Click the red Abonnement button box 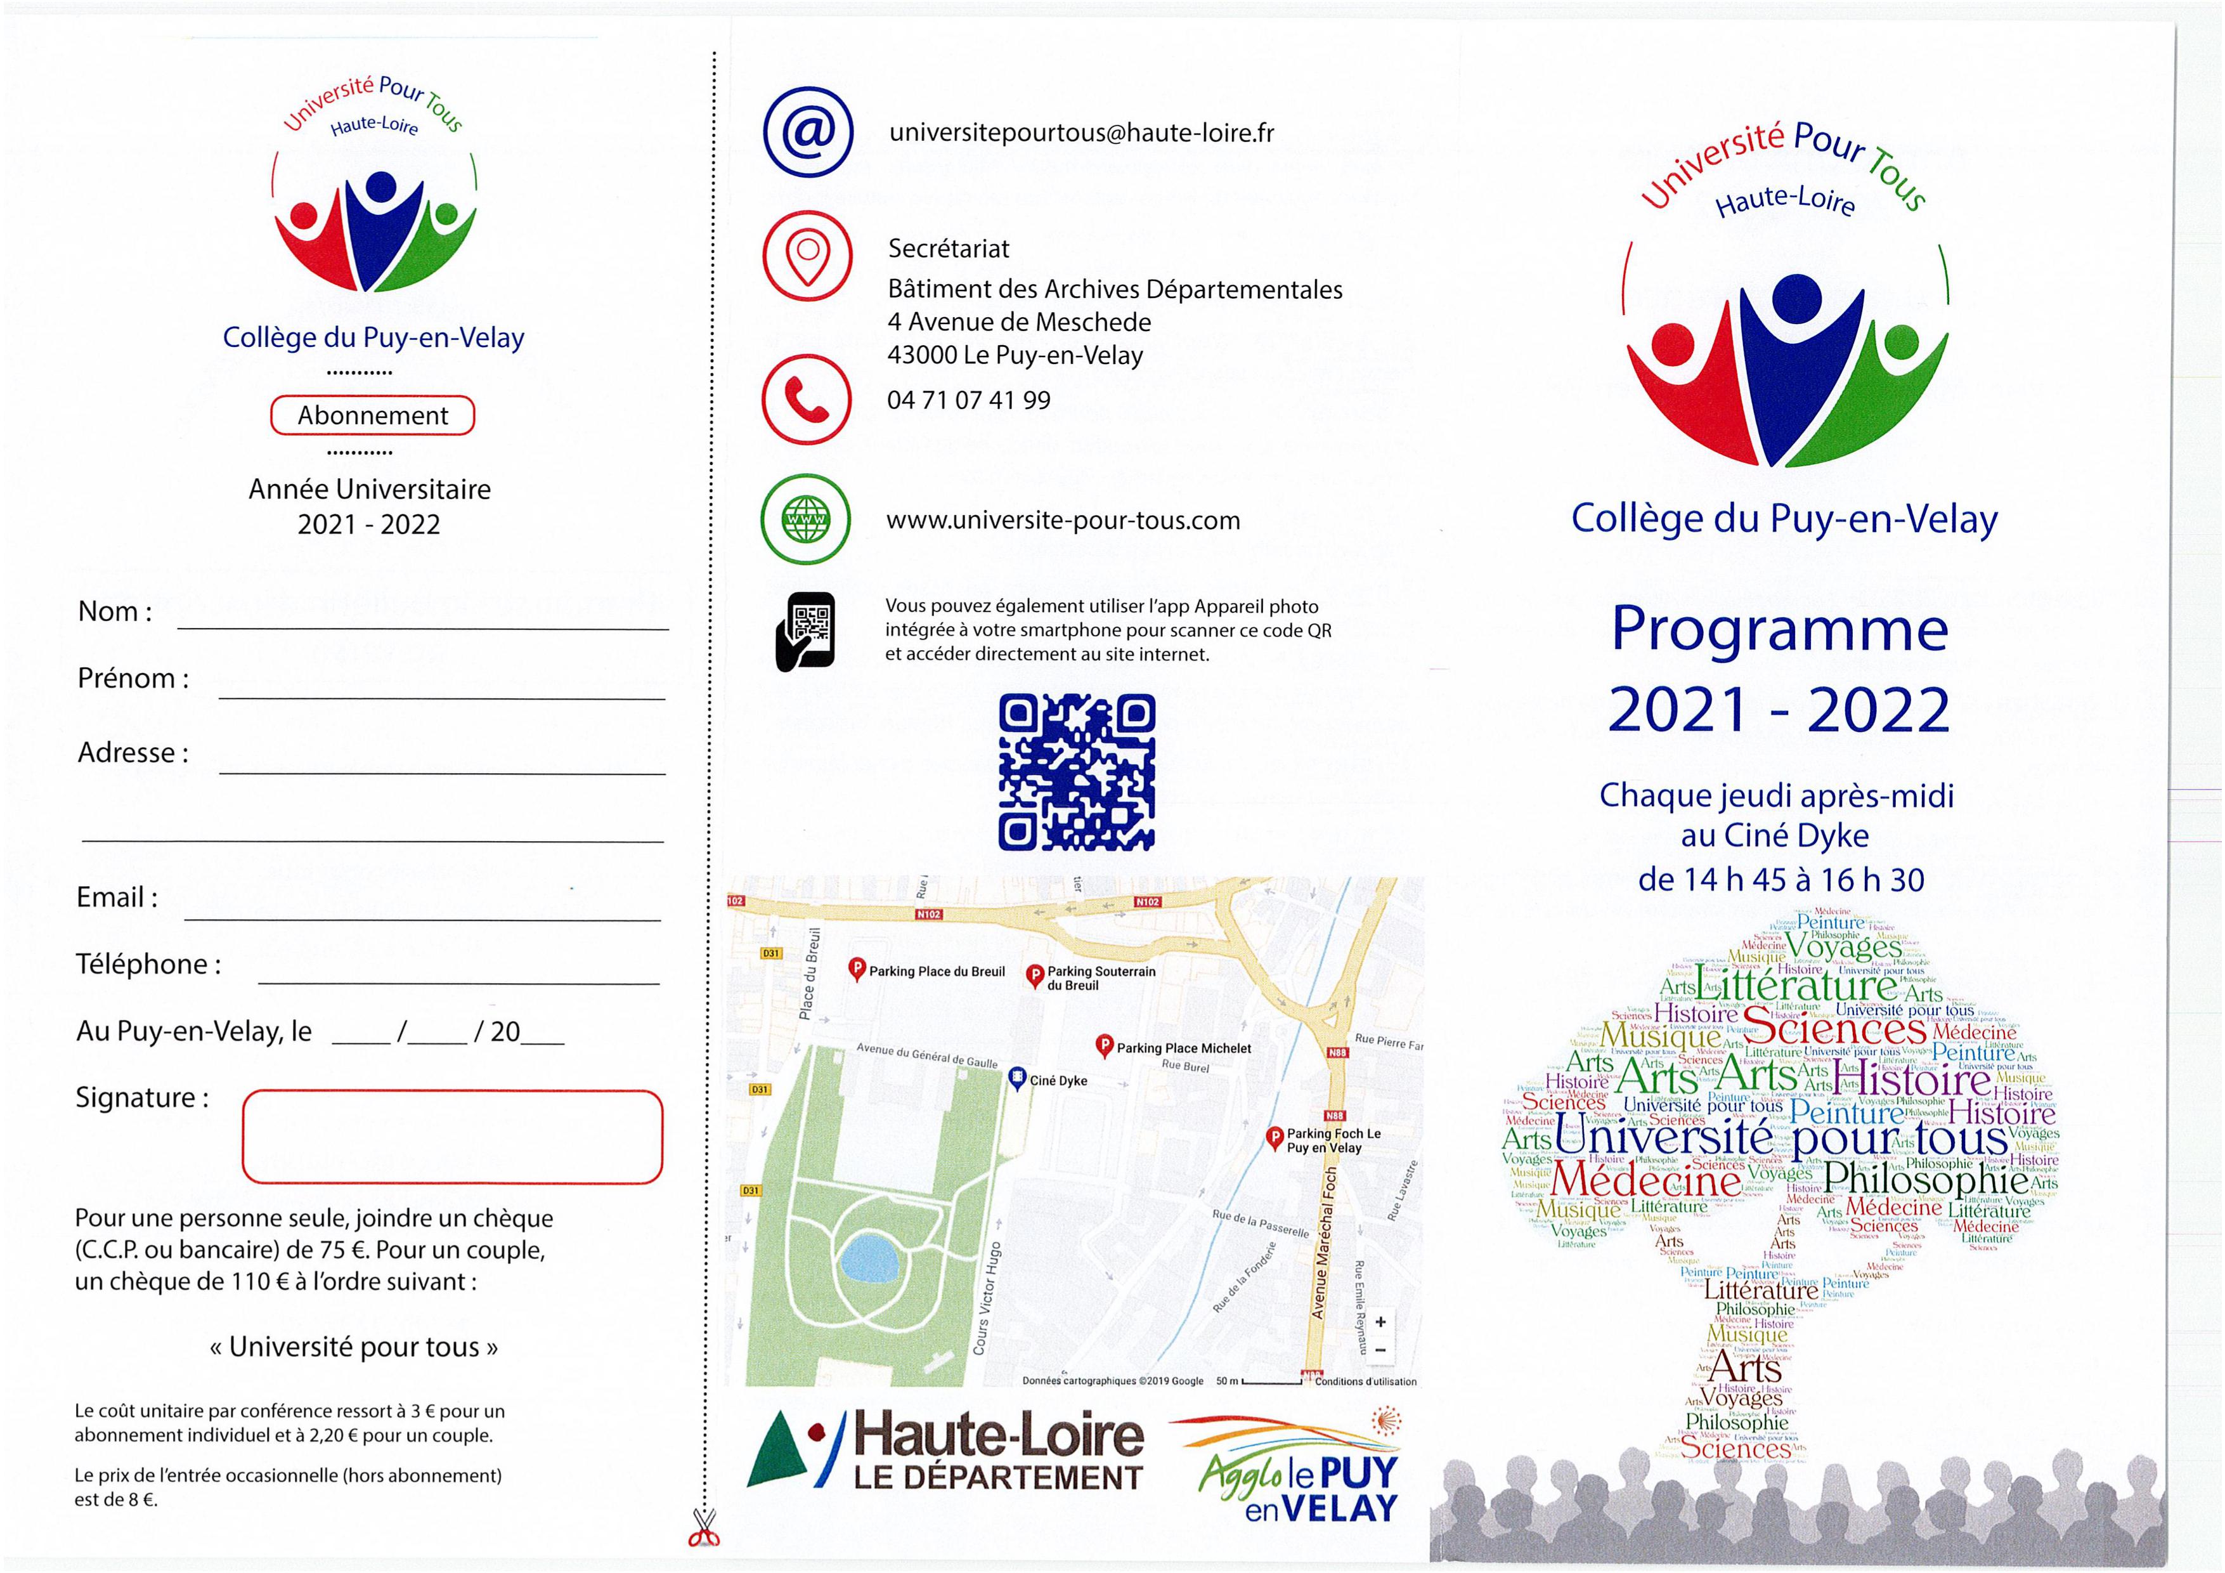point(372,416)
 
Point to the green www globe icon point(807,519)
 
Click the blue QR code point(1077,773)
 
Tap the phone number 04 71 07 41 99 point(968,400)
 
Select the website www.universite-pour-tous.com point(1063,521)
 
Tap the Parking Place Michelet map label point(1183,1048)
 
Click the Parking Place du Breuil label point(936,971)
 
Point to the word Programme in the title point(1779,630)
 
